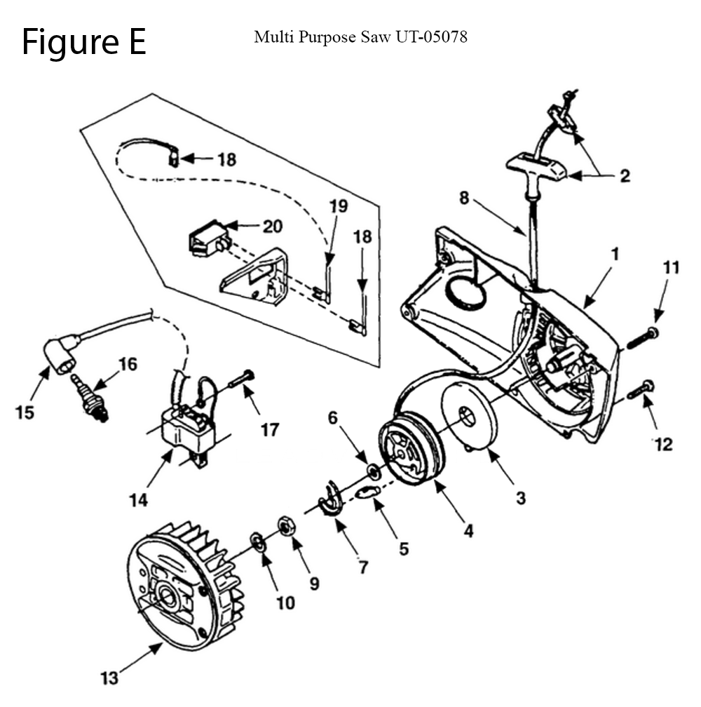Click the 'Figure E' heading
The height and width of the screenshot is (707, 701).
click(x=84, y=42)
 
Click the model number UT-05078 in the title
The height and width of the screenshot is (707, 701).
click(x=434, y=36)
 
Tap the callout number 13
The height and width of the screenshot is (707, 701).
click(x=109, y=678)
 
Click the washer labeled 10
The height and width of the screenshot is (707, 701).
click(x=258, y=541)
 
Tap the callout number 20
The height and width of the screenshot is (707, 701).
click(x=272, y=227)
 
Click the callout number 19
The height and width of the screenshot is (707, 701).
click(x=339, y=206)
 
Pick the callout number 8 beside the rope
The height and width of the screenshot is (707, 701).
click(x=464, y=198)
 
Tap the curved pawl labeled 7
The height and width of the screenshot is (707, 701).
click(x=329, y=502)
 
